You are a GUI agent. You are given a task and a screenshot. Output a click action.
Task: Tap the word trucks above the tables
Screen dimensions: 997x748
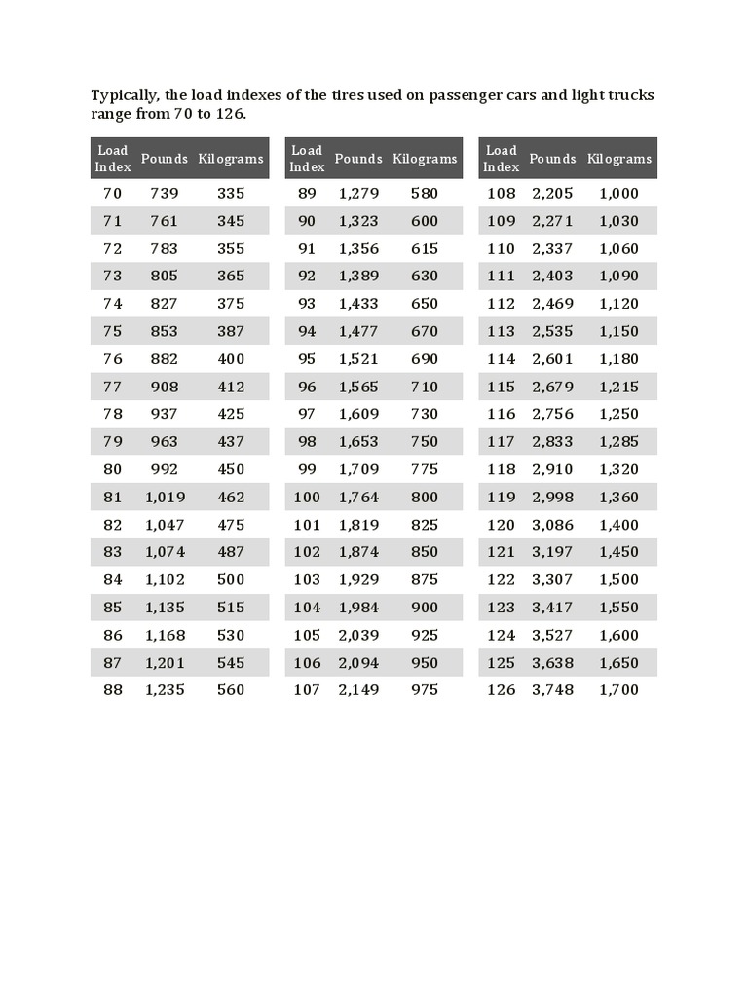(x=628, y=95)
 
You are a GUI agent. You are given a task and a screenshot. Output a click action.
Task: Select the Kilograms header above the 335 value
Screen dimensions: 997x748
(x=231, y=159)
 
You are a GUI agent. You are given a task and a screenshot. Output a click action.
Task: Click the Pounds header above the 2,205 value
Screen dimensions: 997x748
(x=552, y=159)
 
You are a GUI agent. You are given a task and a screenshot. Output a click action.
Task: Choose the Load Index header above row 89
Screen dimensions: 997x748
(x=307, y=158)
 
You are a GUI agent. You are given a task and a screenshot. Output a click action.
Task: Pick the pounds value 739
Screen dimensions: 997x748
(x=164, y=193)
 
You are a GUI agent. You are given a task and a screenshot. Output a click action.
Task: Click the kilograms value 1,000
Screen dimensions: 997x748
(x=619, y=193)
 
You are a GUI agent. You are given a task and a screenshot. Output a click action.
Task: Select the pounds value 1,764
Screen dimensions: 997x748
(x=358, y=497)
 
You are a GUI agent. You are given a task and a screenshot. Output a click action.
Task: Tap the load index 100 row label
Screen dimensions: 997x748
(x=307, y=497)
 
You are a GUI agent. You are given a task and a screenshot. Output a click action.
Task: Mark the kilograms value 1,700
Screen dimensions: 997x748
(x=619, y=689)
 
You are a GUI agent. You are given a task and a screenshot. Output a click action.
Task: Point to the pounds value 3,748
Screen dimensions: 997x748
(x=552, y=689)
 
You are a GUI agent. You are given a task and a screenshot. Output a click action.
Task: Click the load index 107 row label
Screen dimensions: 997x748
(x=307, y=689)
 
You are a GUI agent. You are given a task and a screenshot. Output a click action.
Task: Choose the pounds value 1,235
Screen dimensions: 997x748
(x=164, y=689)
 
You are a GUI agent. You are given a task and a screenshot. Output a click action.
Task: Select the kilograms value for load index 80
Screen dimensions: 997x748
(x=231, y=468)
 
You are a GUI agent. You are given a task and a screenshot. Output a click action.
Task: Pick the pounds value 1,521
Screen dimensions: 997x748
(x=358, y=358)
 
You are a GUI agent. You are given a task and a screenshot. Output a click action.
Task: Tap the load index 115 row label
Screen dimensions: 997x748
(x=501, y=386)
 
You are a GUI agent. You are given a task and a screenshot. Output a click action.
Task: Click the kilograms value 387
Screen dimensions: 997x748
(x=231, y=331)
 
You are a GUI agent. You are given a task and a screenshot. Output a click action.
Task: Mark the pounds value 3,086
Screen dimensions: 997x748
(x=552, y=524)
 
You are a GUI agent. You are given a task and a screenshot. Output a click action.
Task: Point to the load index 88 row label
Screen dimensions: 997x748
(x=113, y=689)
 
